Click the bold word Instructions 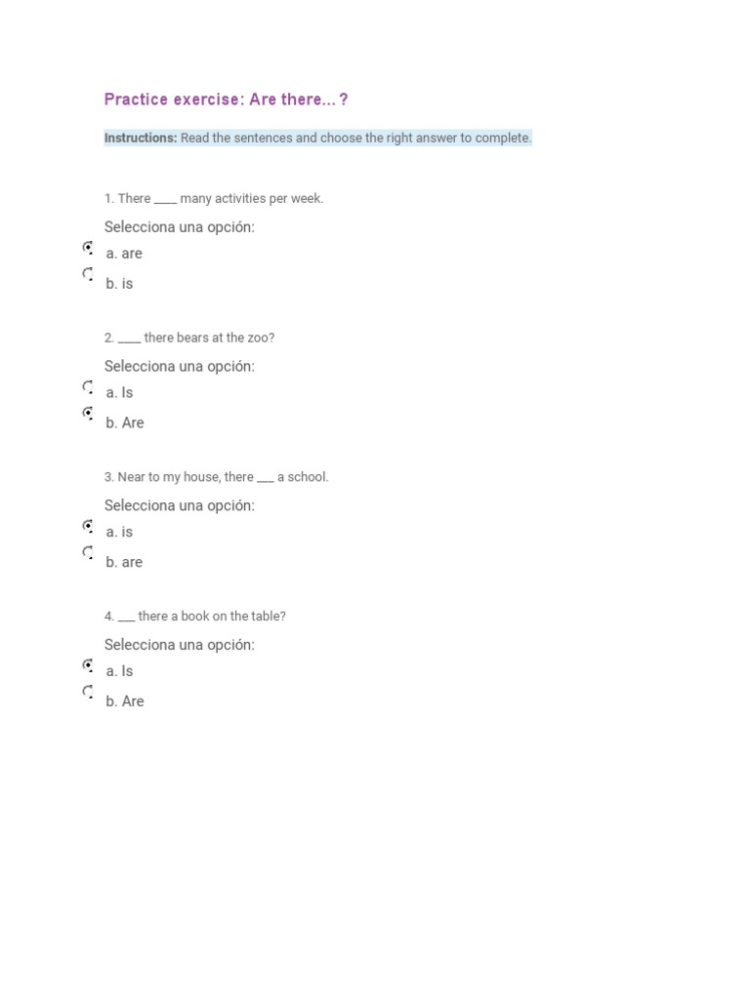coord(141,138)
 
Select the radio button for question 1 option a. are coord(88,248)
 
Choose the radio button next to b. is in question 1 coord(88,274)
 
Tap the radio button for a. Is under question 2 coord(88,387)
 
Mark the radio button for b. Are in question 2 coord(88,414)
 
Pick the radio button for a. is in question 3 coord(88,527)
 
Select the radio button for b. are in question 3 coord(88,553)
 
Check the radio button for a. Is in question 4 coord(88,666)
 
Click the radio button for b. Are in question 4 coord(88,693)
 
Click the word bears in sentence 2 coord(192,338)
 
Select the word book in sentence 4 coord(195,617)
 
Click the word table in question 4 coord(266,617)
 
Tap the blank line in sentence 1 coord(165,201)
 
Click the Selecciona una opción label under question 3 coord(180,505)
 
